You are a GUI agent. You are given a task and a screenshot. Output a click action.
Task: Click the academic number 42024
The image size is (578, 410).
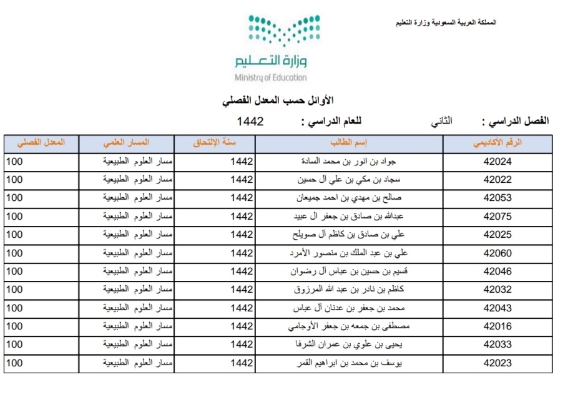coord(497,162)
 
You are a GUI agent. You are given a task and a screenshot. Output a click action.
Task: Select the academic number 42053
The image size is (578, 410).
coord(497,198)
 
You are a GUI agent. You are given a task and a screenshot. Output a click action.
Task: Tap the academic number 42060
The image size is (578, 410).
coord(497,253)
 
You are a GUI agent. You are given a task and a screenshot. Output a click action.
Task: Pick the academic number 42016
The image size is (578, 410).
coord(497,326)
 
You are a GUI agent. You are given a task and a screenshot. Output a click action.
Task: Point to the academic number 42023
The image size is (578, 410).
coord(497,363)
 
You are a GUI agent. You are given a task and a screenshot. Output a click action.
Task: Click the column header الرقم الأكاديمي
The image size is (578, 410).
coord(497,143)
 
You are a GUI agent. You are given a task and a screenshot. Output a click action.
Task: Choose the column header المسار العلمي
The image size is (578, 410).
coord(126,143)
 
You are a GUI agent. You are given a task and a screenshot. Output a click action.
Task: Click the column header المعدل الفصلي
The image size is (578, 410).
coord(41,143)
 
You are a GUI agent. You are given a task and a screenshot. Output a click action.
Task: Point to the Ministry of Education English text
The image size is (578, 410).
coord(271,78)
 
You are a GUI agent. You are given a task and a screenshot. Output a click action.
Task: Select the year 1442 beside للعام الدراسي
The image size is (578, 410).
coord(250,121)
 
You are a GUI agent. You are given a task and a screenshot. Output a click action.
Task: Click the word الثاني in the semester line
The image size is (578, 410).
coord(443,121)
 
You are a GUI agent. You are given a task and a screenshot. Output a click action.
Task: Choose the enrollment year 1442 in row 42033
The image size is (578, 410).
coord(242,344)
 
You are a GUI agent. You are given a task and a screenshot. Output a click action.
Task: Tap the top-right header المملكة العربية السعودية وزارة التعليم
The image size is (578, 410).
coord(446,22)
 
